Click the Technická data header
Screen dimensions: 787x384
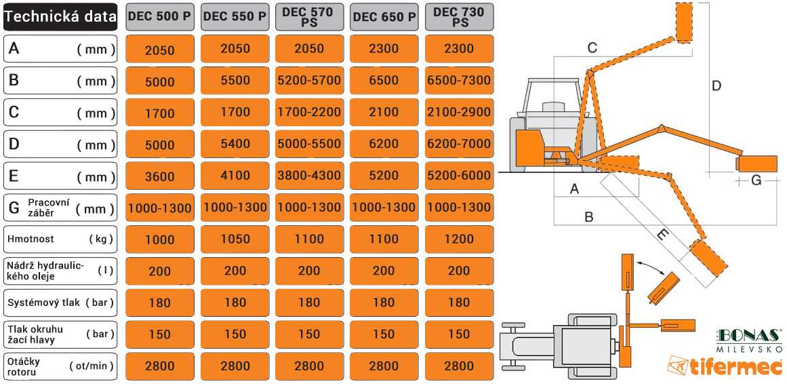point(60,17)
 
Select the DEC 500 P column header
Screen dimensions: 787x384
point(159,16)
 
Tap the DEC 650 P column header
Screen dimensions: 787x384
point(384,16)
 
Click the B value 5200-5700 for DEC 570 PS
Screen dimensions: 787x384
point(309,81)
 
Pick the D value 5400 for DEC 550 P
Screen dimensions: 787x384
point(235,144)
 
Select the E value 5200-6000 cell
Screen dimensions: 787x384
point(459,176)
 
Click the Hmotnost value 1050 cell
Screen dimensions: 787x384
point(235,239)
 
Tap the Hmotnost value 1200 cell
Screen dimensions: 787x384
point(459,239)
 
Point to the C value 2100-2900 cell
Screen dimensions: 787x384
point(459,112)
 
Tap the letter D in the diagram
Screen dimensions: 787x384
point(717,86)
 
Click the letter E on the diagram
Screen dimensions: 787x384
point(662,235)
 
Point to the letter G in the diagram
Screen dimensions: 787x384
point(756,180)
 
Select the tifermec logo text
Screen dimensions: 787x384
point(725,366)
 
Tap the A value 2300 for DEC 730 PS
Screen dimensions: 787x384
point(459,49)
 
